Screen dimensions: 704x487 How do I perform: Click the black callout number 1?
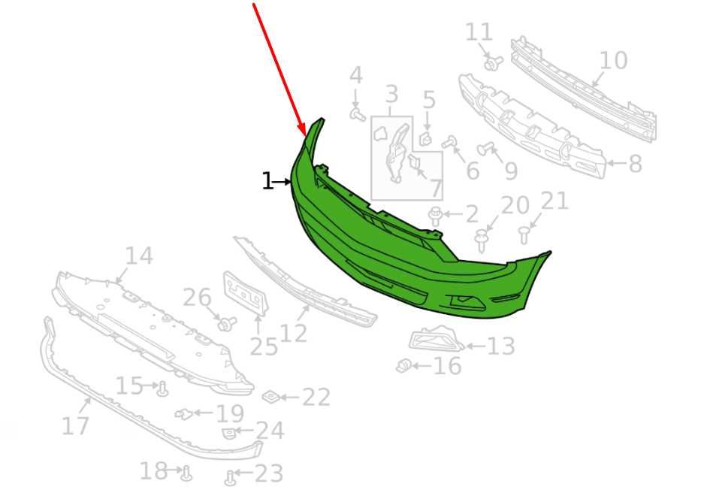click(267, 181)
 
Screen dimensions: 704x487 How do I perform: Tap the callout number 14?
click(139, 256)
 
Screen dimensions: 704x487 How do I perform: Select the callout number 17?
click(75, 425)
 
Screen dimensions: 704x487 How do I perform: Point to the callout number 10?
click(614, 60)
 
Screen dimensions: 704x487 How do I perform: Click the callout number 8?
click(635, 164)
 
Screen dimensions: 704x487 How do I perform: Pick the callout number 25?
click(264, 346)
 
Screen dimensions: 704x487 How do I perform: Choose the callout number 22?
click(316, 397)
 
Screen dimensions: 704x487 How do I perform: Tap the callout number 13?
click(500, 346)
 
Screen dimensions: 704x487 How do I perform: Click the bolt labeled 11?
click(493, 62)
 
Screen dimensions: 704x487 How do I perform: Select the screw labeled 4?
click(357, 113)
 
